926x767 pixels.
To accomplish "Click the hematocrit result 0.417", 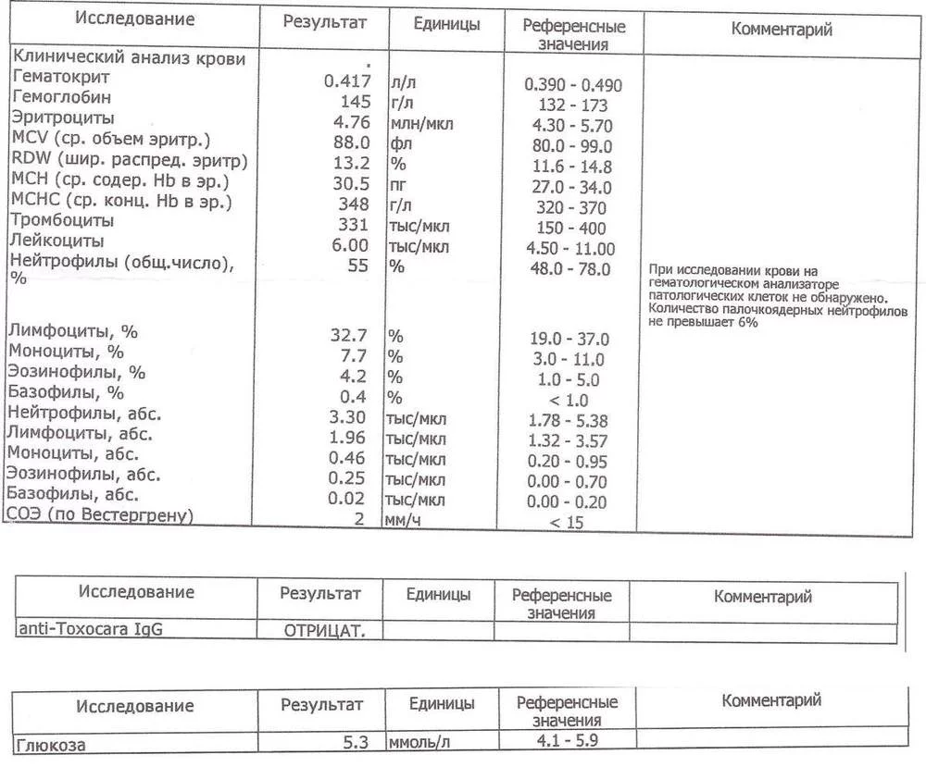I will [x=347, y=81].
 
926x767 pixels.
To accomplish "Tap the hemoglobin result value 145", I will [x=356, y=102].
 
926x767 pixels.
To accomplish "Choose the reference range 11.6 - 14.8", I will [x=573, y=167].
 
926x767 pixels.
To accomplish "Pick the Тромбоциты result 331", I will [x=356, y=225].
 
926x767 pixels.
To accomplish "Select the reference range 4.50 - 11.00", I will [x=569, y=249].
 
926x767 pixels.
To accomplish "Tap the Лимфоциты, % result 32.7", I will [x=350, y=334].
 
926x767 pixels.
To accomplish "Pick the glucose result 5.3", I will [x=357, y=742].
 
